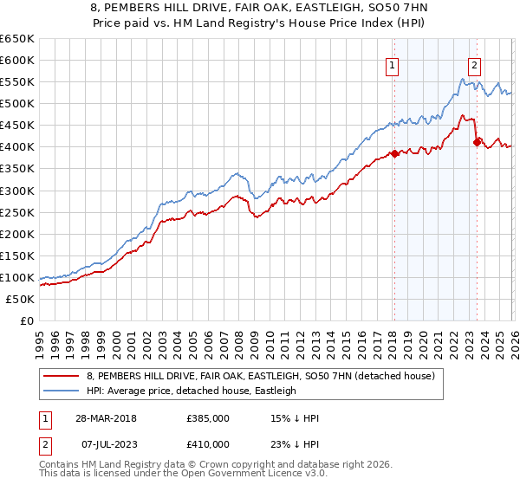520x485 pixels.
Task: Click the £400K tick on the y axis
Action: pos(17,147)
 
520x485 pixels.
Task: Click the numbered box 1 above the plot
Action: pos(393,64)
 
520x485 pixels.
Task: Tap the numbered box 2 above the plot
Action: pos(475,64)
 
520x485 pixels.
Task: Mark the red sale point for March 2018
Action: pos(394,153)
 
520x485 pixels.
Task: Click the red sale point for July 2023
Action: pos(477,142)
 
